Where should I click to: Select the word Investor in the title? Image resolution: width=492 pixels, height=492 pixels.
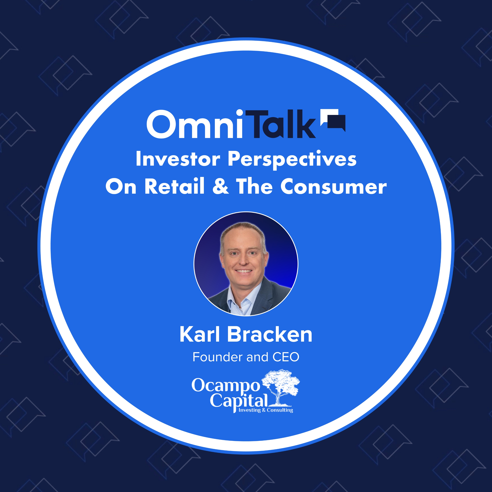(x=178, y=159)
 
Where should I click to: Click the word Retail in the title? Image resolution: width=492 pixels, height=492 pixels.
(x=175, y=187)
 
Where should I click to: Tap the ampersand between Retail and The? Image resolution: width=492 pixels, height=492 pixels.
(x=221, y=187)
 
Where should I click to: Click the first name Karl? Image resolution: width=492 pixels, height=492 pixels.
(x=199, y=335)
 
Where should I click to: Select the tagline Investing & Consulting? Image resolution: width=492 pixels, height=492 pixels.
(x=266, y=410)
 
